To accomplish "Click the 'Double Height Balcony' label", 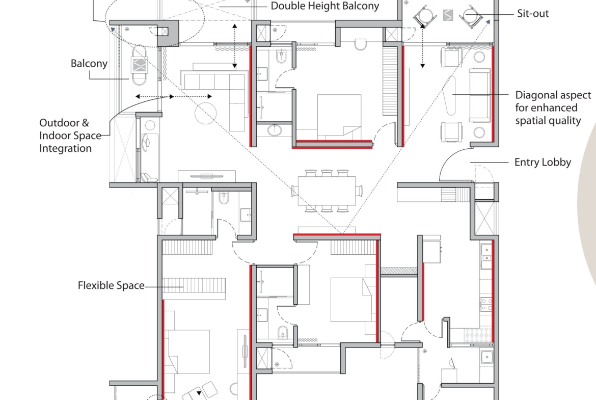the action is (x=324, y=6).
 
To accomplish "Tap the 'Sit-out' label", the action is (x=533, y=14).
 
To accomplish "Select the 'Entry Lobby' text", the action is (x=543, y=163).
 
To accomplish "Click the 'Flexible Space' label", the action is (x=111, y=285).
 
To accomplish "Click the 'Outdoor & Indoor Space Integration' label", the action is (x=70, y=136).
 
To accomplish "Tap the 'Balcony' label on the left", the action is (x=89, y=64).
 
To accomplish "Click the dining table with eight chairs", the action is (x=327, y=191).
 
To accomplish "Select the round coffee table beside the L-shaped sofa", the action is (x=206, y=113).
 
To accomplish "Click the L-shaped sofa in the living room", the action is (x=215, y=95).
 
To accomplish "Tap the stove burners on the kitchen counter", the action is (x=486, y=305).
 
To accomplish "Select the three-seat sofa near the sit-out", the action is (x=479, y=95).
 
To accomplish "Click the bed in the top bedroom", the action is (x=339, y=116).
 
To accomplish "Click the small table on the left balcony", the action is (x=139, y=65).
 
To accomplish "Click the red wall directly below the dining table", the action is (x=337, y=235).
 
